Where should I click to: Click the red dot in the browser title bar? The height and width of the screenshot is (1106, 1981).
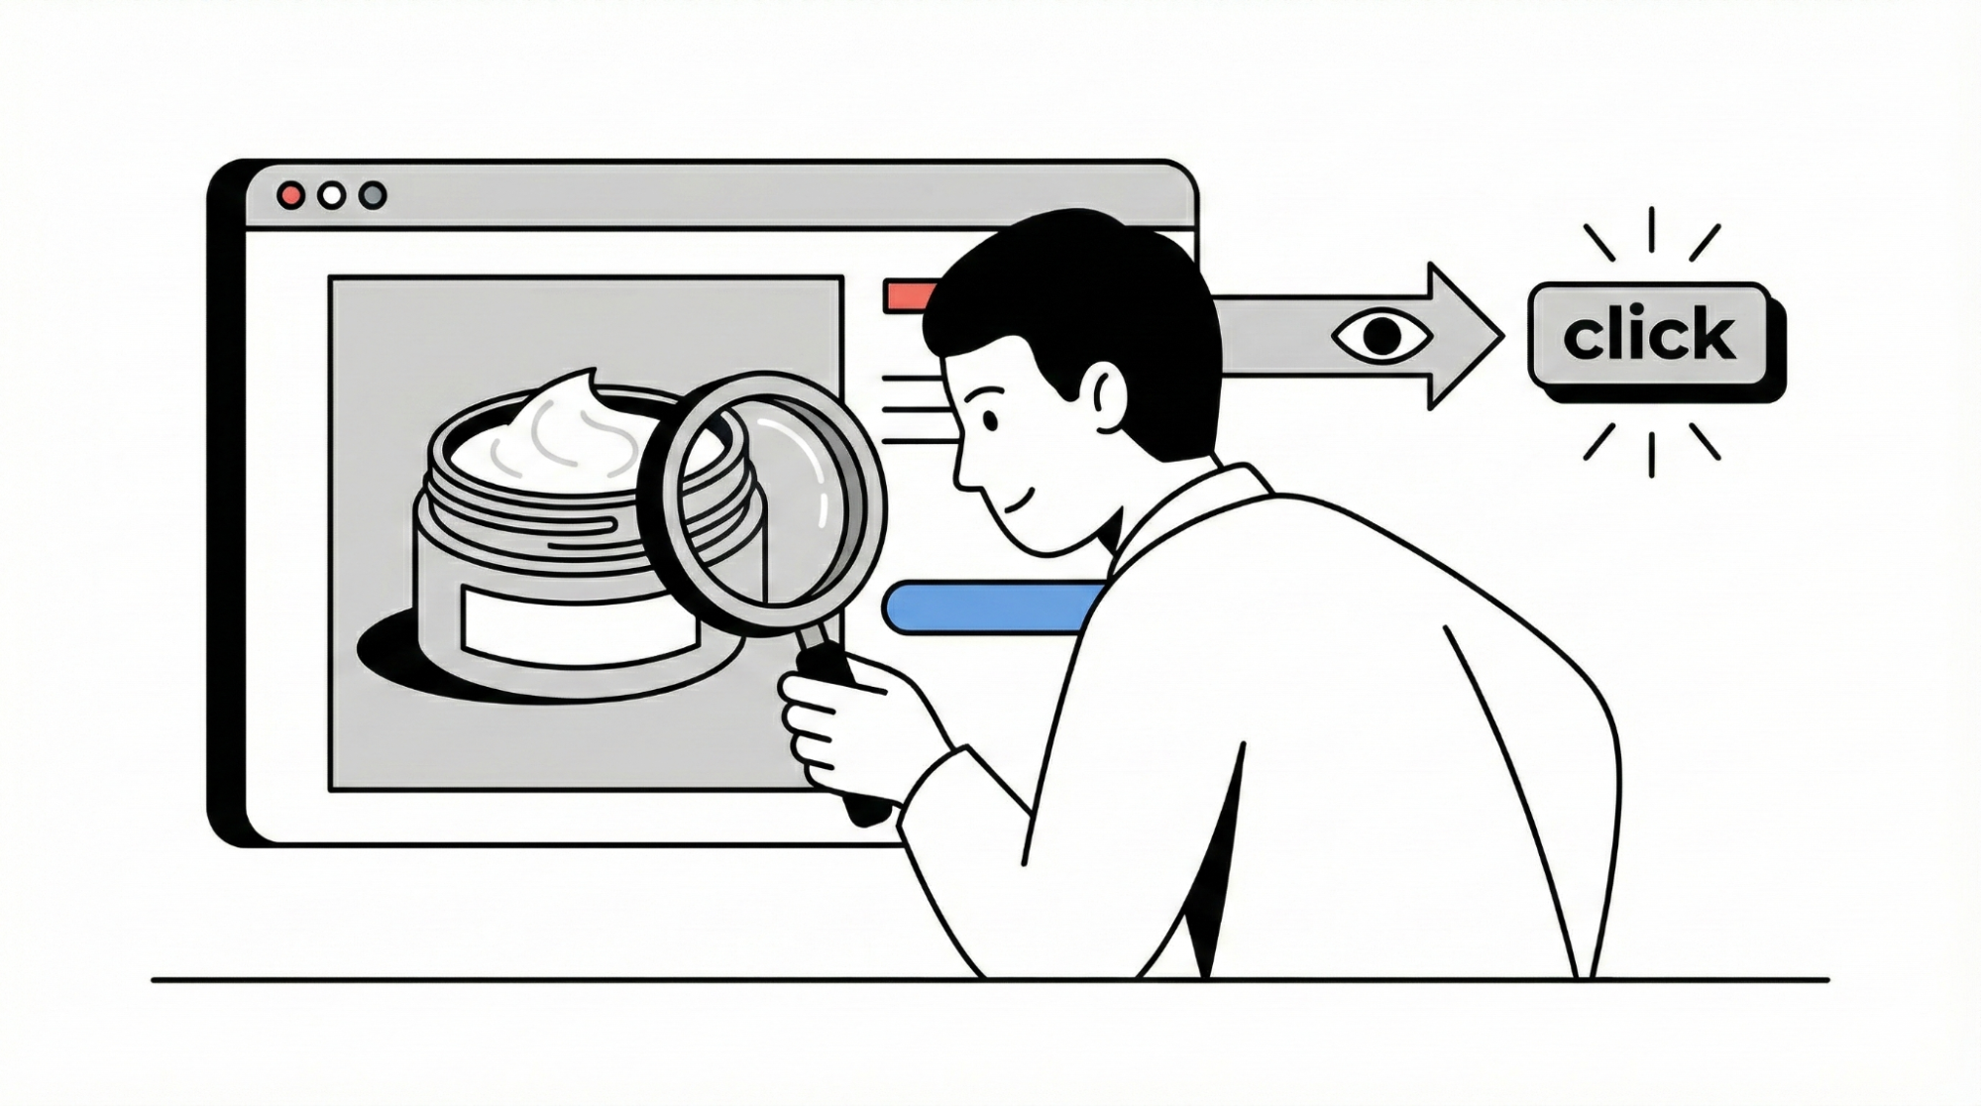coord(290,195)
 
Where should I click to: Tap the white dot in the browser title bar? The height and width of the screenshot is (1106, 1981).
coord(332,195)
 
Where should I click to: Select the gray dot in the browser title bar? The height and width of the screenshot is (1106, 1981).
coord(373,195)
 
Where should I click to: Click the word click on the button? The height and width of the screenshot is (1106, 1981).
coord(1649,334)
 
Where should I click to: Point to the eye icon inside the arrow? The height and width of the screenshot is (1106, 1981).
coord(1382,336)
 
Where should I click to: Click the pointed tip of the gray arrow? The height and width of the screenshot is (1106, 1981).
coord(1502,337)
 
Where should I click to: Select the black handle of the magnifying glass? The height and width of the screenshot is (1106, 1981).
coord(842,728)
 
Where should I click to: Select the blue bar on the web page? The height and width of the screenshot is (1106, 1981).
coord(991,608)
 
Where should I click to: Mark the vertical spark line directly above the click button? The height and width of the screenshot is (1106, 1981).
coord(1651,229)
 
